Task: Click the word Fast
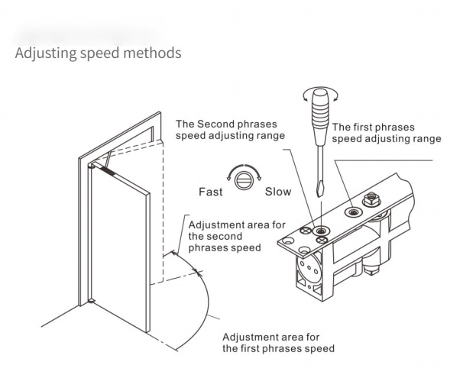211,192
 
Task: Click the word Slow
277,192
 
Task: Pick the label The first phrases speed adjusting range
386,133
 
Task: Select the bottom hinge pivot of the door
91,300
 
